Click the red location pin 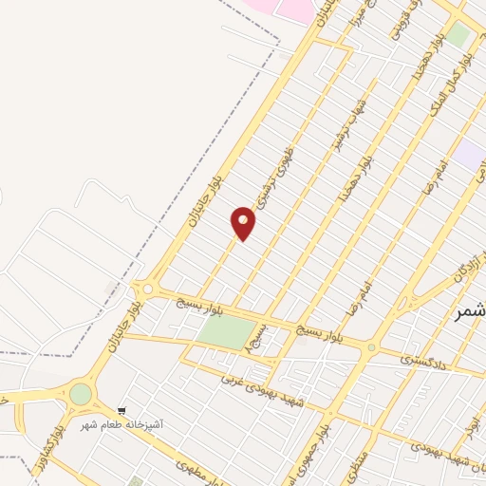(244, 222)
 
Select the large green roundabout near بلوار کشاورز (81, 393)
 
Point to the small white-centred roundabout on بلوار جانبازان (146, 289)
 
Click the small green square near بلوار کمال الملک (459, 34)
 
